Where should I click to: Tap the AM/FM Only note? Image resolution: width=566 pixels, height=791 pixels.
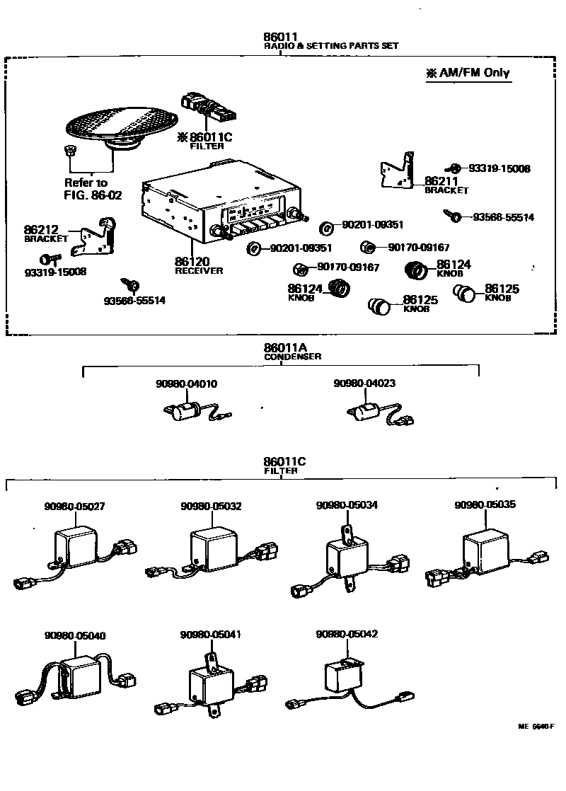coord(468,72)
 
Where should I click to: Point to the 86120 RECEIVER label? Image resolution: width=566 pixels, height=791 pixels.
coord(199,265)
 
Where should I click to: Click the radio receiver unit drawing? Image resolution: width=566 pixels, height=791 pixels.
coord(219,202)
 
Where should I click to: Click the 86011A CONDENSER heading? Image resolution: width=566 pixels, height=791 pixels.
coord(292,352)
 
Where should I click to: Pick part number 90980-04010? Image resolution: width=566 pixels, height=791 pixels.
coord(187,383)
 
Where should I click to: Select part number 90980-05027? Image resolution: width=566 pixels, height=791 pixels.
coord(74,506)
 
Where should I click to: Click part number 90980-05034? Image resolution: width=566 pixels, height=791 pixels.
coord(347,505)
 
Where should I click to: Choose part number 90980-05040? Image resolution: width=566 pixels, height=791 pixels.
coord(74,635)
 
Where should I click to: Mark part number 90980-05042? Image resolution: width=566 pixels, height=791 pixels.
coord(347,635)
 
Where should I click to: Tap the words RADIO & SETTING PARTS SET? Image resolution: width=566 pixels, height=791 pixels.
coord(331,46)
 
